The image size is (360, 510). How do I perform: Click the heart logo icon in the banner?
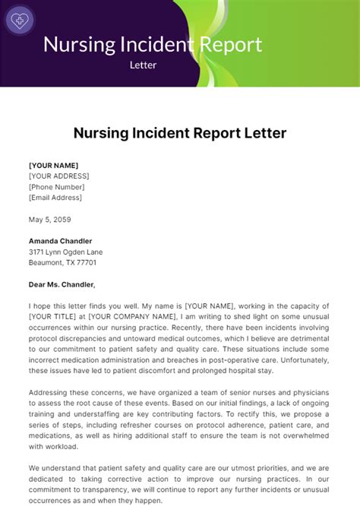point(19,20)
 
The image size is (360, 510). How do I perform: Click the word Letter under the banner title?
point(143,65)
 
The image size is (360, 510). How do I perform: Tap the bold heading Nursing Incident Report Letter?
point(180,133)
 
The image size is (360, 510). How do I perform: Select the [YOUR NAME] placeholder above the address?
point(53,165)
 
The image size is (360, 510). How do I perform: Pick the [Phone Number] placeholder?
point(56,187)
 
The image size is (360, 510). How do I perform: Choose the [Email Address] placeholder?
point(55,198)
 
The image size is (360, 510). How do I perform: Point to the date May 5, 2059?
point(50,219)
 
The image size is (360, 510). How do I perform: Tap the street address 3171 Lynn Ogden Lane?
point(65,252)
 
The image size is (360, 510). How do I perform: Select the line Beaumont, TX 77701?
point(62,263)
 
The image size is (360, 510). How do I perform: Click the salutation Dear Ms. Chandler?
point(62,285)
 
